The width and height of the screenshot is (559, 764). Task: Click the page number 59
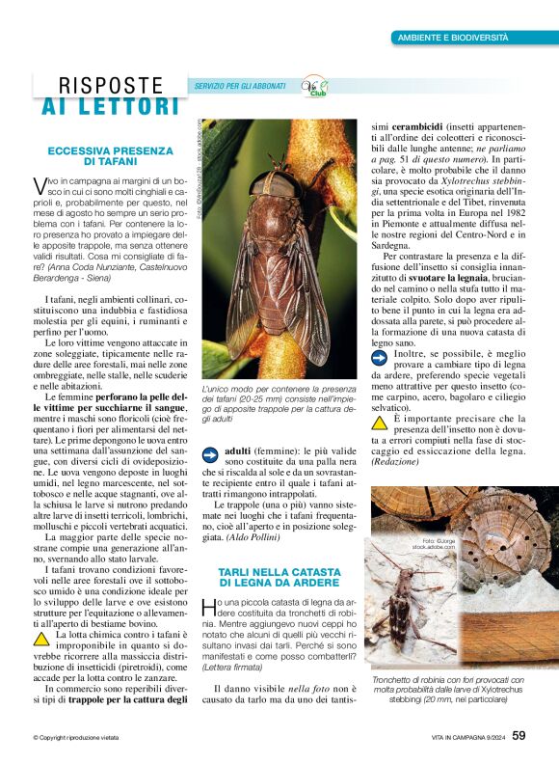point(519,735)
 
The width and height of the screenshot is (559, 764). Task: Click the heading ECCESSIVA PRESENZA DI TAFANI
point(110,156)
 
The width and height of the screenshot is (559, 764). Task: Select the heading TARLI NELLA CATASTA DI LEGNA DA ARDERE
point(279,577)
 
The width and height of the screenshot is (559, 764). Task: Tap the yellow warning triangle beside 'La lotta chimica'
point(41,638)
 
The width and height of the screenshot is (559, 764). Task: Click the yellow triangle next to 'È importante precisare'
point(379,423)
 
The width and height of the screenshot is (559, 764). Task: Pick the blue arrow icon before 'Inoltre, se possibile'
point(379,356)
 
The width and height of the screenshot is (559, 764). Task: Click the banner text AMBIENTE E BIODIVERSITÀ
point(453,38)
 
